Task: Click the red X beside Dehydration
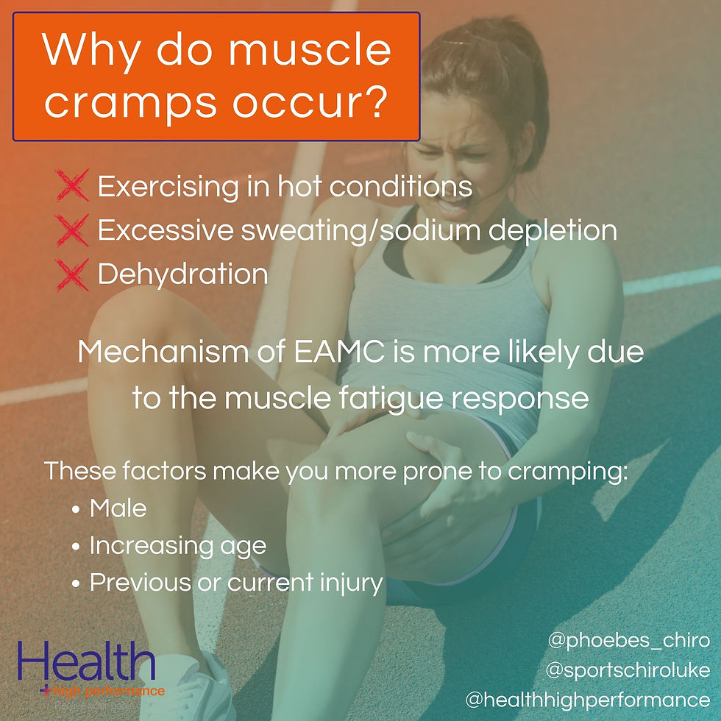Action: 72,274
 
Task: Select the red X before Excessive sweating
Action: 72,231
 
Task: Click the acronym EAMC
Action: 342,352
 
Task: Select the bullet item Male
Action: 118,508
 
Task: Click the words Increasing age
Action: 177,546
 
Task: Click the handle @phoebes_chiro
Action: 628,640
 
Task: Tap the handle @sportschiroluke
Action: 628,670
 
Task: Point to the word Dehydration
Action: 182,274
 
